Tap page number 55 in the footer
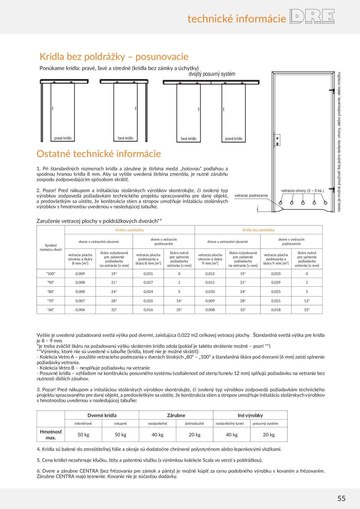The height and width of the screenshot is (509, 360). coord(341,498)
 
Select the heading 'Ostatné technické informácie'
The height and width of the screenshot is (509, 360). coord(99,154)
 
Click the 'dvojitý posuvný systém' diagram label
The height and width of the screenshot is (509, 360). coord(212,74)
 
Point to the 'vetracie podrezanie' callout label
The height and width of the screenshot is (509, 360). coord(251,195)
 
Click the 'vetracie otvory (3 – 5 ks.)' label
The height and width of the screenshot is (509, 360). coord(302,191)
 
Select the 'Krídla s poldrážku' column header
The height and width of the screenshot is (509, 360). coord(130,230)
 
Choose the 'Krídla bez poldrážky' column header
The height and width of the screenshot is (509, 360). coord(258,230)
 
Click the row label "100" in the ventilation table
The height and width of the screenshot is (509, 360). coord(51,274)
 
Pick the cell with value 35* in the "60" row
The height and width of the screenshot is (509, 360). coord(179,310)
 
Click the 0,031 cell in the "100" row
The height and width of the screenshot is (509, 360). coord(148,274)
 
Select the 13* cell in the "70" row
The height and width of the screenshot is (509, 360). coord(307,301)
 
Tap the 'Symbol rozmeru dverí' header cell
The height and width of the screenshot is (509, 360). coord(51,247)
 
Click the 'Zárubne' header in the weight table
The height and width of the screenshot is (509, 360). coord(176,415)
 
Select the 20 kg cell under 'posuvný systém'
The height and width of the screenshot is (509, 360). coord(269,434)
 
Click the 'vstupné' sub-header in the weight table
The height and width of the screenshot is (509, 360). coord(120,423)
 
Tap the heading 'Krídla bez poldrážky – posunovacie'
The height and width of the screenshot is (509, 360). coord(114,57)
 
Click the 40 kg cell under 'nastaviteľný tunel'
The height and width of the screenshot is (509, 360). coord(232,434)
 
